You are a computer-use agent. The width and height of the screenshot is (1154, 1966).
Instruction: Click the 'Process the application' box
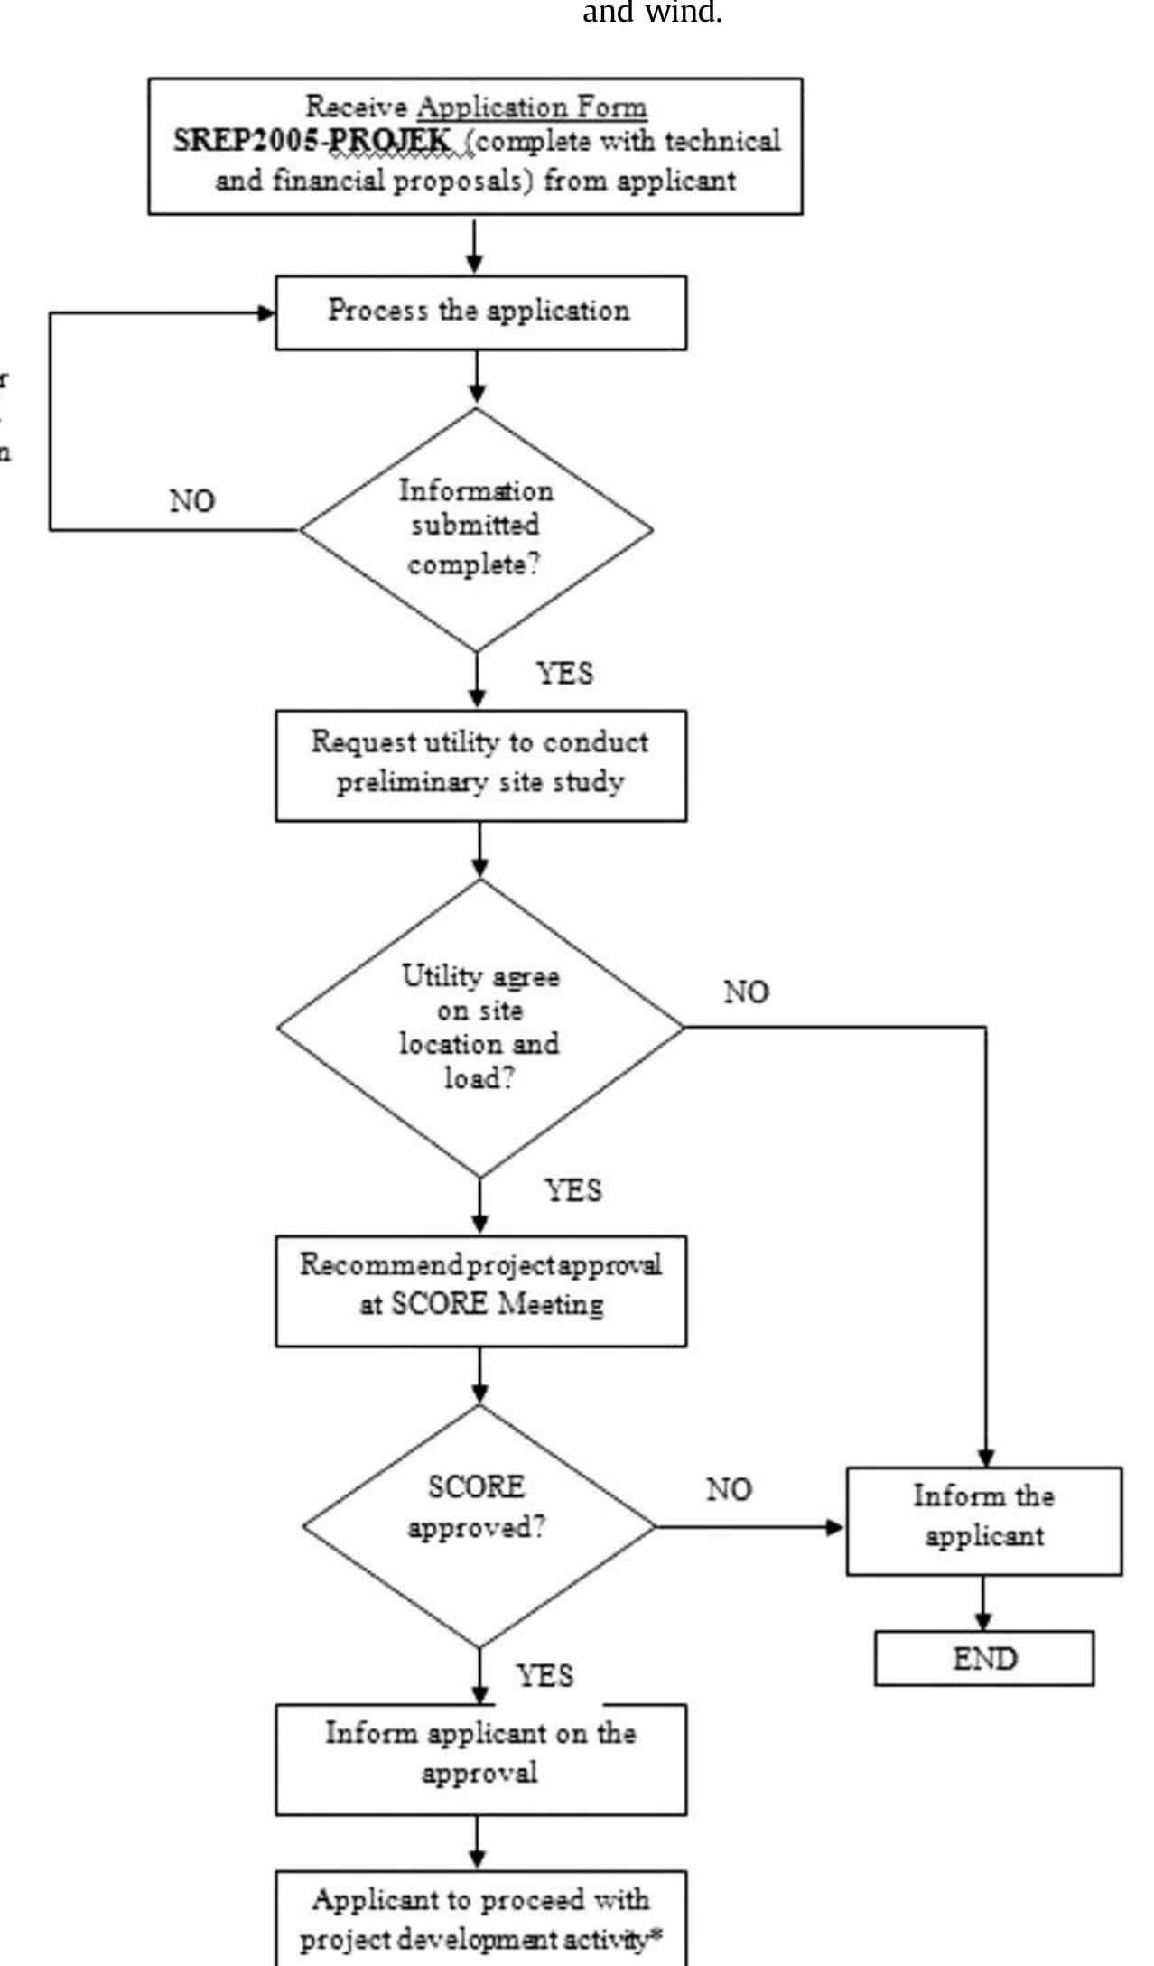point(479,312)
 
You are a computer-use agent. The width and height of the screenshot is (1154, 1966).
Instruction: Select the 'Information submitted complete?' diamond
point(476,529)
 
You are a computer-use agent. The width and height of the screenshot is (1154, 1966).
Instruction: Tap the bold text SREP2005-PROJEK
point(312,142)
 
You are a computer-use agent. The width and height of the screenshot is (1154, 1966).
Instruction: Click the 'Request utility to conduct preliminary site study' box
point(479,764)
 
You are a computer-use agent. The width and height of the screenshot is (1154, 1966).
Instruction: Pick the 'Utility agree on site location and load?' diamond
point(479,1027)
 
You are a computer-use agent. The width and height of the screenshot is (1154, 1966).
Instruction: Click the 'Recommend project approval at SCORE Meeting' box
point(479,1290)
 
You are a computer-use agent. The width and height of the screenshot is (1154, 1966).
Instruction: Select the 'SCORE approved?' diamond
point(479,1525)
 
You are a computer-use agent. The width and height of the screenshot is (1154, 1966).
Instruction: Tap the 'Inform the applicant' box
point(983,1520)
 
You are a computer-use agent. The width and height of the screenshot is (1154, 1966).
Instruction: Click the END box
point(983,1658)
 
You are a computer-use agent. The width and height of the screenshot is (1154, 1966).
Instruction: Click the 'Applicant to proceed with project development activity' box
point(479,1917)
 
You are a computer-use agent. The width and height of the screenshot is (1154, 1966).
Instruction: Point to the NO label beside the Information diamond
point(192,500)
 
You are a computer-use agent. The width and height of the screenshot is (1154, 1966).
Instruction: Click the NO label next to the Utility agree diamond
point(746,992)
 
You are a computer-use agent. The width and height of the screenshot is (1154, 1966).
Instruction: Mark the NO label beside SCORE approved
point(728,1489)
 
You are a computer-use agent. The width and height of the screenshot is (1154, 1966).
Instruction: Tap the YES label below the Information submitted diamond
point(565,673)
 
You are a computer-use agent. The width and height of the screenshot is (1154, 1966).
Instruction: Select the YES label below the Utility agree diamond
point(573,1190)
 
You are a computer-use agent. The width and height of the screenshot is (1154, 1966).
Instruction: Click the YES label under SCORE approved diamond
point(544,1676)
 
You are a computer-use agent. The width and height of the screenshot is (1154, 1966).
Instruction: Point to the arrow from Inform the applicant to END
point(983,1604)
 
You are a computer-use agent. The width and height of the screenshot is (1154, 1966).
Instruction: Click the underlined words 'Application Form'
point(532,107)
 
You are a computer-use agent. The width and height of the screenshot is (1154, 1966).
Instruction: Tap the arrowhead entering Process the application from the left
point(266,313)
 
